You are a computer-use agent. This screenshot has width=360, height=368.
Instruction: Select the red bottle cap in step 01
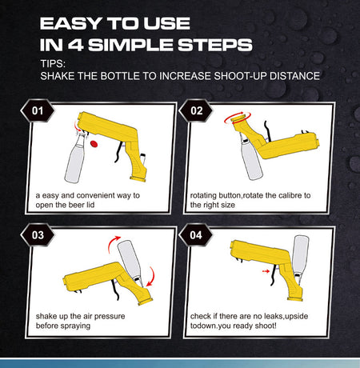click(x=94, y=145)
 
